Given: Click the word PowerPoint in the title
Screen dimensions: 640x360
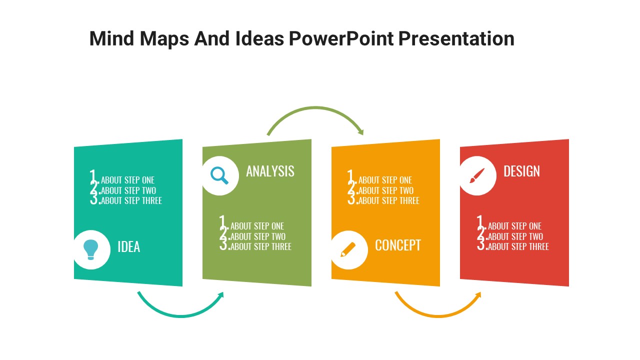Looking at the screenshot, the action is (x=341, y=38).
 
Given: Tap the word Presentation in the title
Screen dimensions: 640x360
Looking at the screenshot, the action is (x=456, y=38).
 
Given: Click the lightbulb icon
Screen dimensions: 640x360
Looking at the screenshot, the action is (x=91, y=249).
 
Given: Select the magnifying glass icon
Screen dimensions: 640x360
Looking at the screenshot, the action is (x=219, y=175).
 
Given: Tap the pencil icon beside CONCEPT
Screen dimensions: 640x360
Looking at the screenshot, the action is (x=348, y=249).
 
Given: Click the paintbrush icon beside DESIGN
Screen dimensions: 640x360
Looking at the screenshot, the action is (x=477, y=175).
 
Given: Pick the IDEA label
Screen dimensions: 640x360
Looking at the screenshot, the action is (x=129, y=247).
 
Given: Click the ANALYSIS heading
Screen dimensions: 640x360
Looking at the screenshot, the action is (x=270, y=171).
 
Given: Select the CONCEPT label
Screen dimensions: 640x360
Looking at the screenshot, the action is (x=397, y=245).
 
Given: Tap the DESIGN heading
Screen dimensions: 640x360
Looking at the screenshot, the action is (x=521, y=171).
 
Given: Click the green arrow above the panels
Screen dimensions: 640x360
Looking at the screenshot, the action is (x=315, y=107).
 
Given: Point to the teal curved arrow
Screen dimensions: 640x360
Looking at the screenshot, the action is (x=181, y=315).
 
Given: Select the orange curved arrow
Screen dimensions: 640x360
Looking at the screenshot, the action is (x=438, y=315).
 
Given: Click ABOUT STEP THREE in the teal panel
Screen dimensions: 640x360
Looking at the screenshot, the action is (x=131, y=201).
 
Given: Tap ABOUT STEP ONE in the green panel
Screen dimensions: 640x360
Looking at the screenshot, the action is (x=257, y=226).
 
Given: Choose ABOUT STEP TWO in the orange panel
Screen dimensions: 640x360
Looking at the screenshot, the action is (x=386, y=190).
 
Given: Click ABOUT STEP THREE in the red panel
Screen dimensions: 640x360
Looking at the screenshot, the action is (x=518, y=247).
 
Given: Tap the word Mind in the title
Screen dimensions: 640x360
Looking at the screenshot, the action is (x=111, y=38).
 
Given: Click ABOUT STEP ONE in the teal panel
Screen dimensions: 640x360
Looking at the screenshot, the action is (x=127, y=180).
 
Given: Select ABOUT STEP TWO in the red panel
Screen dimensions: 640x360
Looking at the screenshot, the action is (x=515, y=236).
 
